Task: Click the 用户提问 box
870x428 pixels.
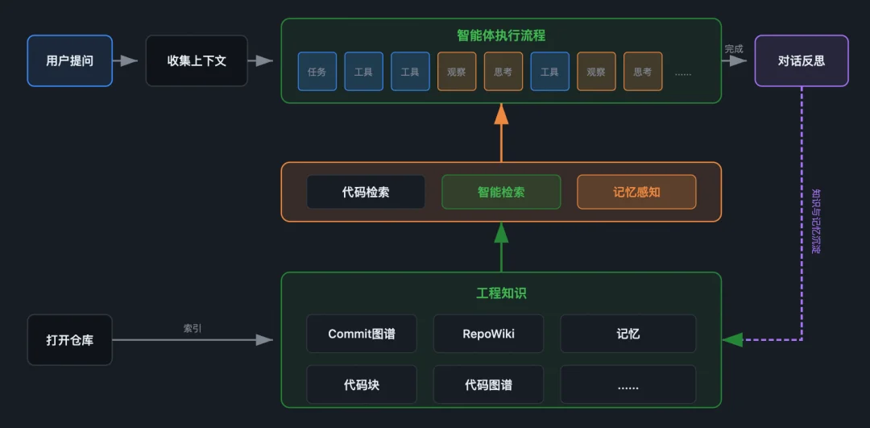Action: point(70,60)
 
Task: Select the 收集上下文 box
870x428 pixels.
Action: point(197,60)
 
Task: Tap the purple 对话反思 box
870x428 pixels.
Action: point(801,60)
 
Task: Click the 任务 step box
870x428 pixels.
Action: point(317,72)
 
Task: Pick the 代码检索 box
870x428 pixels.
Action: point(366,192)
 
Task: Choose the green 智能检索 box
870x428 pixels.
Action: point(501,192)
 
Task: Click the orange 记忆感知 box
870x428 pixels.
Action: point(636,192)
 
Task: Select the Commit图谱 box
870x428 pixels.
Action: point(362,334)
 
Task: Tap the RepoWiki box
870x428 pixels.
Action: point(488,334)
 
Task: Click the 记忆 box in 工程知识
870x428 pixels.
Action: point(628,334)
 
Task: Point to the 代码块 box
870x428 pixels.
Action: point(362,384)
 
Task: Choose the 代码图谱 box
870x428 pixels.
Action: point(488,384)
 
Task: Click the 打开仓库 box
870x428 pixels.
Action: point(70,340)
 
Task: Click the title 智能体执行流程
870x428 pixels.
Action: point(501,35)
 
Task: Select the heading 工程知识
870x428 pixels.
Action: point(501,293)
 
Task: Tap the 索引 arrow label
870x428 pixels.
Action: point(193,328)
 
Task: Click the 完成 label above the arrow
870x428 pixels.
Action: point(733,49)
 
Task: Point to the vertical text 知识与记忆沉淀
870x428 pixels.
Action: point(815,221)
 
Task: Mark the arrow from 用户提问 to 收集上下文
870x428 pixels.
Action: point(126,60)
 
